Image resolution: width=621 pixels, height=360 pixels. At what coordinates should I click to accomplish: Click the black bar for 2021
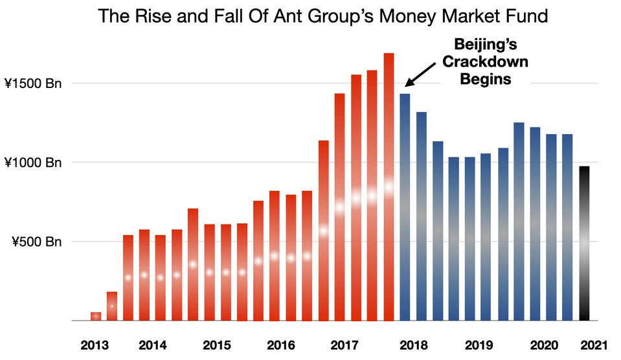(x=584, y=243)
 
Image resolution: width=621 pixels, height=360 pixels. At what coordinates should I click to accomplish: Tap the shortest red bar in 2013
(x=96, y=316)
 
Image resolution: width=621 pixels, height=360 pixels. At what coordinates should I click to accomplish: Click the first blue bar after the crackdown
(x=405, y=207)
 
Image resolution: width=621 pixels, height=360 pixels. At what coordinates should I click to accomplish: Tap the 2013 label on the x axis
(x=94, y=345)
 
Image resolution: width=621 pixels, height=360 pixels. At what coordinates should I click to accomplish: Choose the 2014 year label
(x=152, y=345)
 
